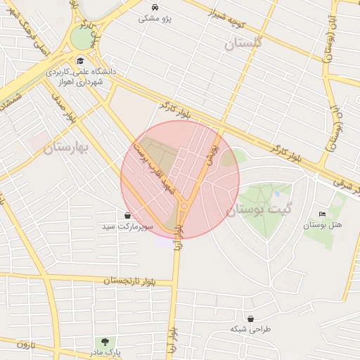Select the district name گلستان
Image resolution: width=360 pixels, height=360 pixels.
pos(243,44)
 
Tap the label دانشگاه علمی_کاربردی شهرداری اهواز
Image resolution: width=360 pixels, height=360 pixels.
pos(79,77)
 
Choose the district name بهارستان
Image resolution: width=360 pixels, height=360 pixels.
pos(72,147)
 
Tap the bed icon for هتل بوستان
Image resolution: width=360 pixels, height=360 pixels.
pos(322,214)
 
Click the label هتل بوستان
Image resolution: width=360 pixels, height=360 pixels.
pos(322,226)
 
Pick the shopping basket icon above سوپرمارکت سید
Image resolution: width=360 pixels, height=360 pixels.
pos(127,215)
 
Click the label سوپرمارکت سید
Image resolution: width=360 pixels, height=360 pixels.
pos(127,227)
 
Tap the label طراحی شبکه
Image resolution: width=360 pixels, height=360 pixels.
pos(250,328)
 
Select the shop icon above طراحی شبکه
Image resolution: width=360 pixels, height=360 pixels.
pos(250,318)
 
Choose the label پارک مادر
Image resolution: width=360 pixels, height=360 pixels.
pos(106,352)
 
